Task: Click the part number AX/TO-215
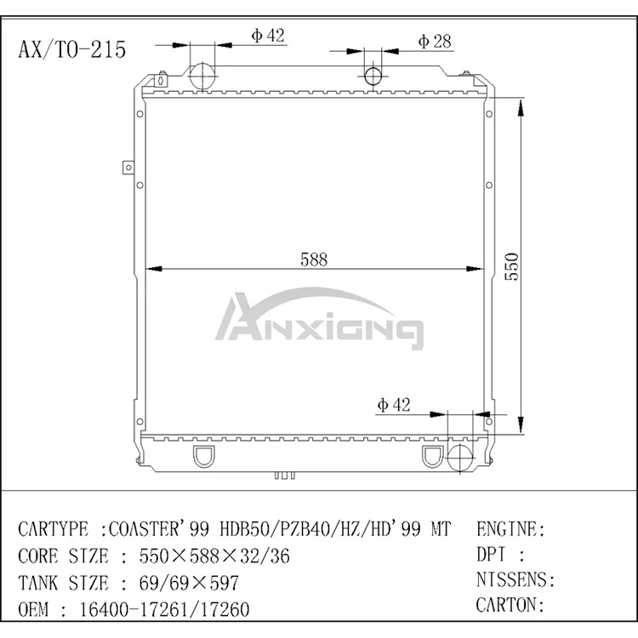[71, 49]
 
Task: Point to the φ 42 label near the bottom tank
[394, 405]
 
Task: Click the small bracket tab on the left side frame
[127, 167]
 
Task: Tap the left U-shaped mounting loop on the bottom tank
[205, 458]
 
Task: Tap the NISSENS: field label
[516, 581]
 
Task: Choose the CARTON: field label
[510, 606]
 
